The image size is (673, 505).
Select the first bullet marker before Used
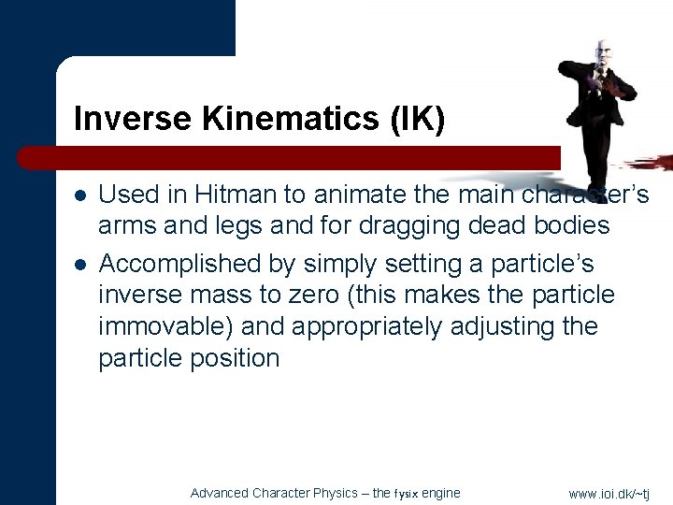81,195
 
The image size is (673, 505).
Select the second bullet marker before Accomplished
81,265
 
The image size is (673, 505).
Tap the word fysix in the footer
408,494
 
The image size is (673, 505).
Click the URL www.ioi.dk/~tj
609,494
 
